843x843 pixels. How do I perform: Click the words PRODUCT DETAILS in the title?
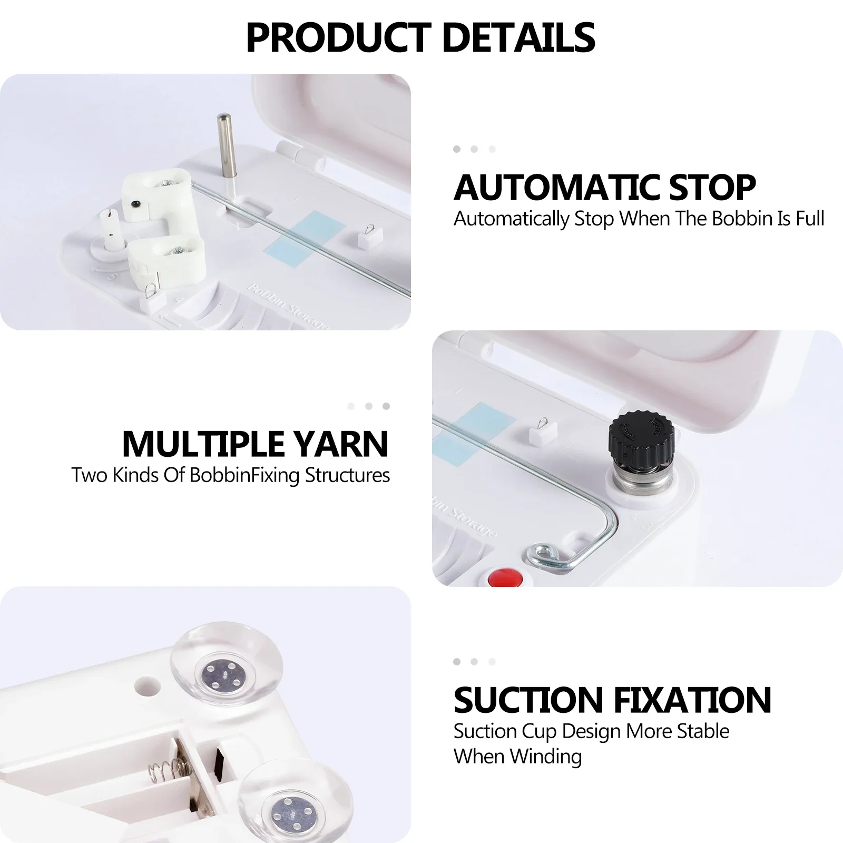click(x=420, y=37)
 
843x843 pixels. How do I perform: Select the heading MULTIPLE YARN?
click(x=255, y=444)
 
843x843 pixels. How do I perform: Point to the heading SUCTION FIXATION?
click(x=612, y=700)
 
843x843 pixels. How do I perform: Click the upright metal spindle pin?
click(x=224, y=148)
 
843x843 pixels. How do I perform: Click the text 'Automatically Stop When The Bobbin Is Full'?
click(x=639, y=219)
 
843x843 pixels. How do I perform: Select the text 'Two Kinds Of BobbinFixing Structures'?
click(x=231, y=475)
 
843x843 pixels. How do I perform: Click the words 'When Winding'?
click(x=517, y=757)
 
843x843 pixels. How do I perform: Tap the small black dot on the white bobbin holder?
click(x=135, y=202)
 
